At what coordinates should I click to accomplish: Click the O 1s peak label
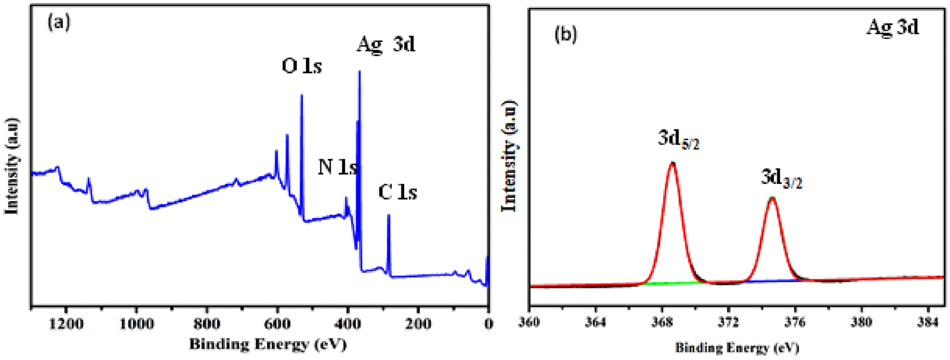click(x=302, y=67)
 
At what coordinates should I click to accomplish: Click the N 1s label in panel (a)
click(x=337, y=167)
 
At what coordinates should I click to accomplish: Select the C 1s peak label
click(x=397, y=192)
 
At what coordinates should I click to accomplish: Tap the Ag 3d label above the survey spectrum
click(x=386, y=45)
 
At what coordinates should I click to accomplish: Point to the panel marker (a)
click(x=59, y=23)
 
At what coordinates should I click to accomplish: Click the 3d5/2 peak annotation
click(x=678, y=140)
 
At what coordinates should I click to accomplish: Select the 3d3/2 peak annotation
click(x=781, y=179)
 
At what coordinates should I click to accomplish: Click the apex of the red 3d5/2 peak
click(x=672, y=163)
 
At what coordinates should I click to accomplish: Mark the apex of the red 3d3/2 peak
click(x=772, y=198)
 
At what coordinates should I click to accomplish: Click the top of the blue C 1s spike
click(x=389, y=215)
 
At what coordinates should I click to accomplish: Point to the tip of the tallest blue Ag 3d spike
click(x=360, y=71)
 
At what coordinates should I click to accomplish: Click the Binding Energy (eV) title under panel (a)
click(x=268, y=344)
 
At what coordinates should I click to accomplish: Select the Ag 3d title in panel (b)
click(x=892, y=27)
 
